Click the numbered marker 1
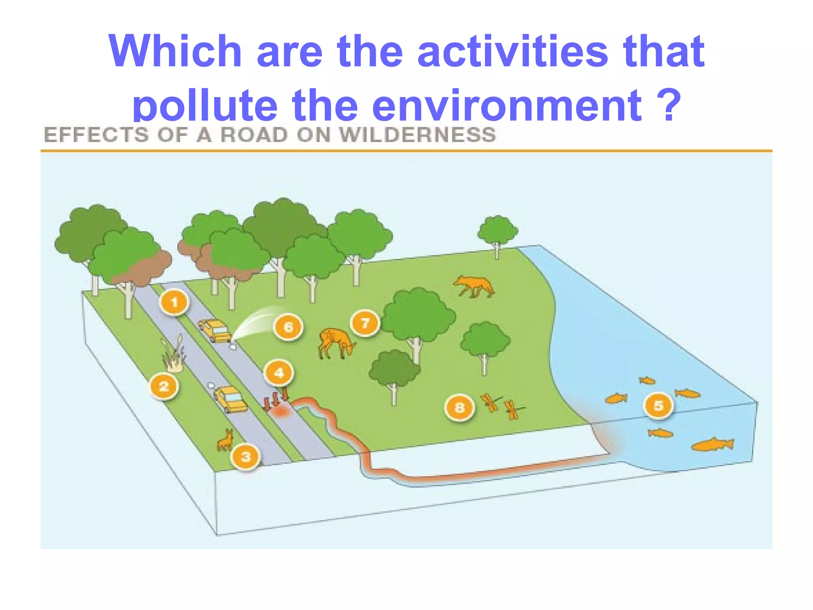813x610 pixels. pyautogui.click(x=174, y=303)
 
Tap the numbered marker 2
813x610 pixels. pyautogui.click(x=164, y=386)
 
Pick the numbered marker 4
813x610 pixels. pyautogui.click(x=279, y=373)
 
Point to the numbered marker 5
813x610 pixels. pyautogui.click(x=659, y=405)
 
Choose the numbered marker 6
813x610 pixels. pyautogui.click(x=288, y=327)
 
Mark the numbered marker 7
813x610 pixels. pyautogui.click(x=365, y=323)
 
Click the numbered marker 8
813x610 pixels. pyautogui.click(x=460, y=407)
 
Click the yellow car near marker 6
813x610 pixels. pyautogui.click(x=215, y=330)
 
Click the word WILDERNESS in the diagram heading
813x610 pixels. pyautogui.click(x=418, y=135)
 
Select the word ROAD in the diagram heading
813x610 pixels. pyautogui.click(x=254, y=135)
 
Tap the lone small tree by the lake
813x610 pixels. pyautogui.click(x=497, y=235)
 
